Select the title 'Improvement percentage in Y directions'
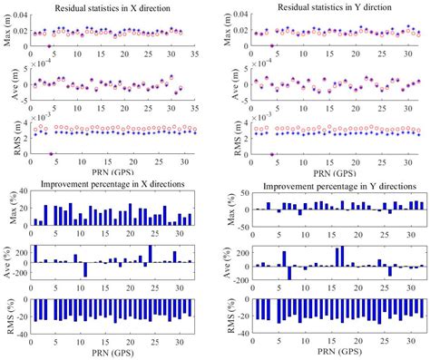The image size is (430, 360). [338, 186]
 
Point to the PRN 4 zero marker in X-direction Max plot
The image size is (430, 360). [49, 45]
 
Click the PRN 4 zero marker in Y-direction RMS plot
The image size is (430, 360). [272, 153]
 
